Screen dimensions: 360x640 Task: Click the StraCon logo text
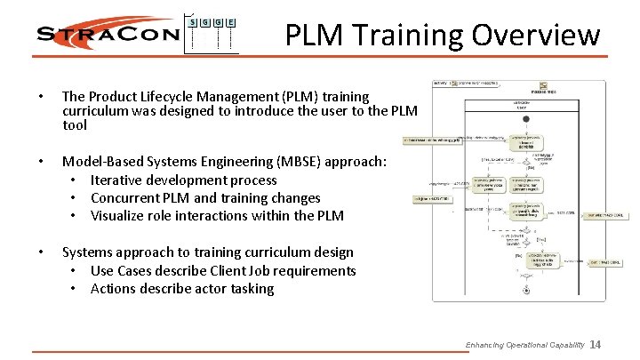tap(107, 35)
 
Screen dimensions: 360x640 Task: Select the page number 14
tap(596, 345)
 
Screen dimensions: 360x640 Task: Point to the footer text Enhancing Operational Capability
tap(524, 345)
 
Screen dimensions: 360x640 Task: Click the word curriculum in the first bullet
tap(95, 110)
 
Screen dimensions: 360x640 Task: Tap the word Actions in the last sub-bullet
tap(116, 289)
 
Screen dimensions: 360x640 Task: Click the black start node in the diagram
tap(526, 118)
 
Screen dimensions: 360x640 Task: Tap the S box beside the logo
tap(194, 21)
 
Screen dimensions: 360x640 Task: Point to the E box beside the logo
tap(231, 21)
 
